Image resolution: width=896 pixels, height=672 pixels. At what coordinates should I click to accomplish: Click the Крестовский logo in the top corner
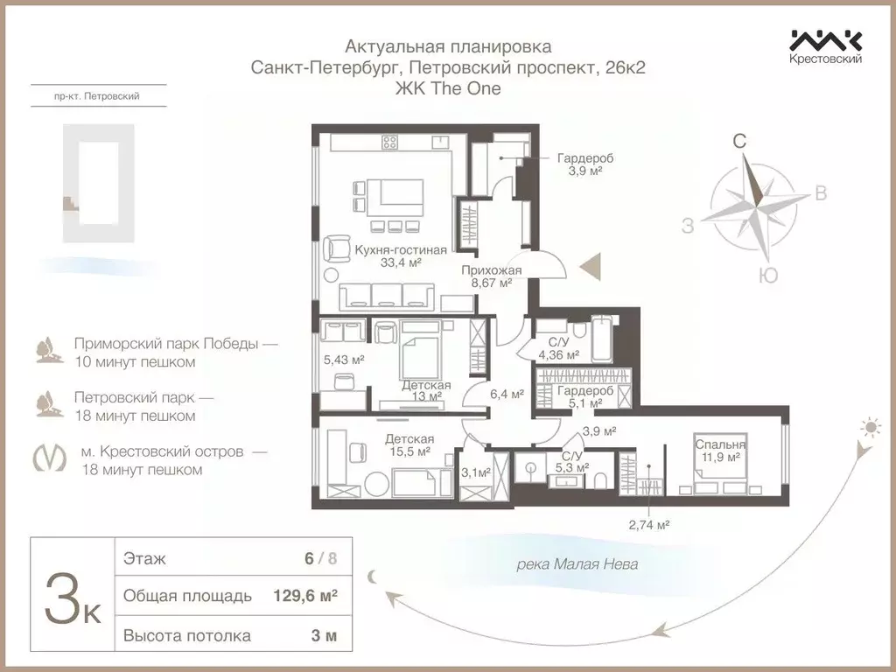(x=826, y=46)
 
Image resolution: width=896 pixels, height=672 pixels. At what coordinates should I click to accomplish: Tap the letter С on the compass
(x=739, y=141)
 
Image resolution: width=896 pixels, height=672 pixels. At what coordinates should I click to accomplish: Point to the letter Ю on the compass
(x=767, y=276)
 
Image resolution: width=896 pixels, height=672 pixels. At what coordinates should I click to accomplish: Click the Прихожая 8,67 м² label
(x=491, y=276)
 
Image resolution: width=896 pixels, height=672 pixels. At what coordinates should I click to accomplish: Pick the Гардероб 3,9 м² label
(x=585, y=164)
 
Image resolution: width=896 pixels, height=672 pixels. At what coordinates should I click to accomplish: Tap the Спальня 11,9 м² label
(x=721, y=450)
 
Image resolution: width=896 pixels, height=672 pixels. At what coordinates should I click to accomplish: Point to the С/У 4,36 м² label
(x=558, y=348)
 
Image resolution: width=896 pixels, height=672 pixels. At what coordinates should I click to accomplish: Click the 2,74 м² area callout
(x=648, y=525)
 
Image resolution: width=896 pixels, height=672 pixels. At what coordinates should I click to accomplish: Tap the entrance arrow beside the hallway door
(x=592, y=263)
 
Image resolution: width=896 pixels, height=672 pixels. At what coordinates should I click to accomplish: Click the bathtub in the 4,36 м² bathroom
(x=605, y=341)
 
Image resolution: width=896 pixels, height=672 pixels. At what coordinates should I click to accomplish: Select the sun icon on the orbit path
(x=870, y=427)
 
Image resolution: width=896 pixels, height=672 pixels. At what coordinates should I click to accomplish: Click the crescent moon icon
(x=374, y=575)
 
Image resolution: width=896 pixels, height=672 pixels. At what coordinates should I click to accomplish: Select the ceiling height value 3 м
(x=323, y=635)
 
